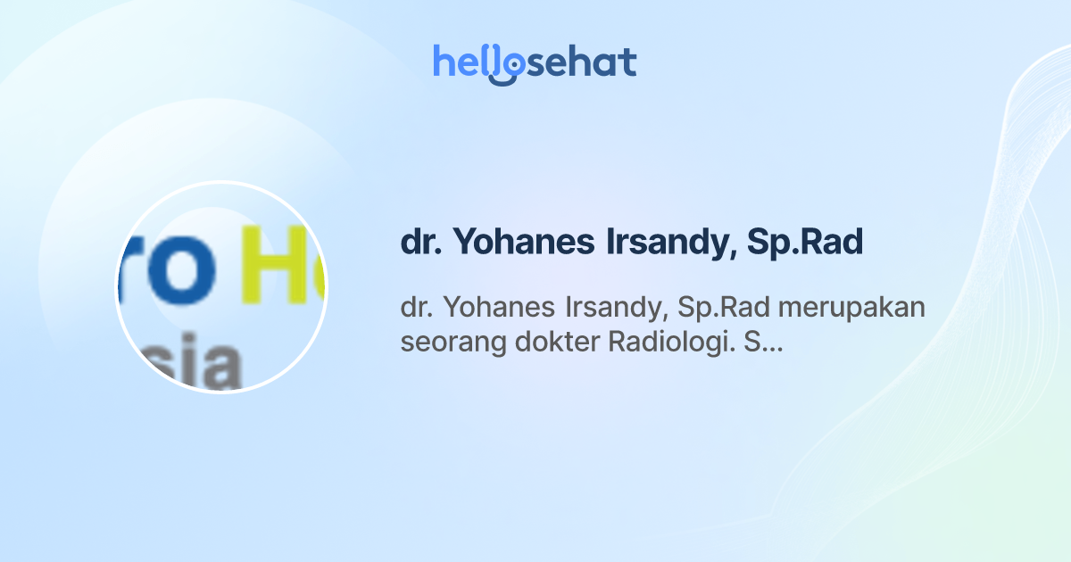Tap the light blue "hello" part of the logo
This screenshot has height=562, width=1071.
pyautogui.click(x=464, y=62)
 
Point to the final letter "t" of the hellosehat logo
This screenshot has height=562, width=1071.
pyautogui.click(x=628, y=62)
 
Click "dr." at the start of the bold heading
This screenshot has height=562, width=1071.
pyautogui.click(x=419, y=244)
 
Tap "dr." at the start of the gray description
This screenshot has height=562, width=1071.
pyautogui.click(x=416, y=307)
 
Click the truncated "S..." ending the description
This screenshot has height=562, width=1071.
pyautogui.click(x=763, y=342)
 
